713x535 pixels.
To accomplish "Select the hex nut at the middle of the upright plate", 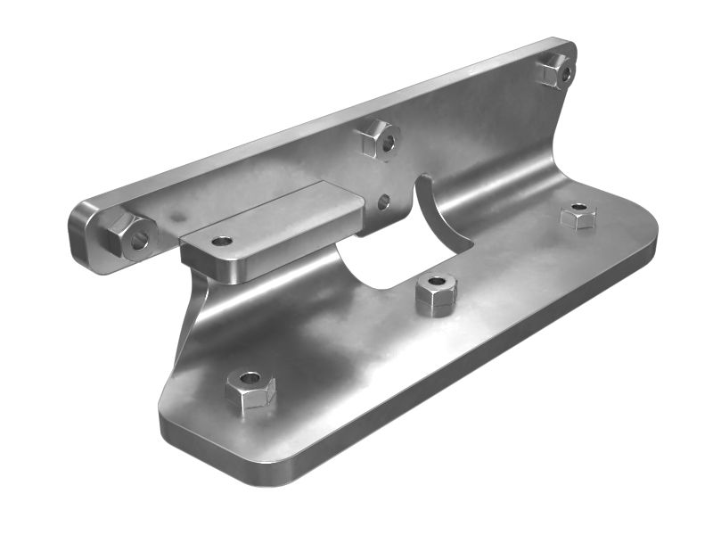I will click(379, 138).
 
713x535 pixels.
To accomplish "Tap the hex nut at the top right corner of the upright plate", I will click(555, 70).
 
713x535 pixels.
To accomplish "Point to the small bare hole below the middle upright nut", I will click(383, 202).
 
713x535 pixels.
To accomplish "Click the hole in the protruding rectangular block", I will click(222, 241).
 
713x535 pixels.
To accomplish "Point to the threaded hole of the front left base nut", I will click(250, 378).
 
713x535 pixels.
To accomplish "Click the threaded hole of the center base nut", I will click(436, 282).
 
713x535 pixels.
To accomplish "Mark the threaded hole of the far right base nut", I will click(578, 208).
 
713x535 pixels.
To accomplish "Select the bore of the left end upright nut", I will click(140, 239).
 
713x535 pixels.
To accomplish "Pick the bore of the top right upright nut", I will click(566, 74).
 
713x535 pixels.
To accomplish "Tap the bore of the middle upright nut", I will click(389, 142).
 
